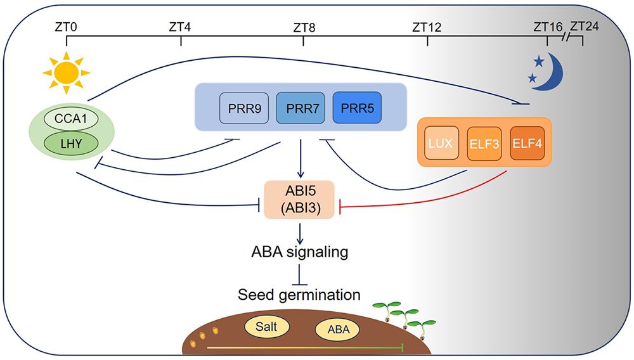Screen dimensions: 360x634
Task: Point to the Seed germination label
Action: click(300, 295)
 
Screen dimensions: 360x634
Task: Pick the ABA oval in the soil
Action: click(337, 330)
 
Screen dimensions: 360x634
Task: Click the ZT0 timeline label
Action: click(67, 27)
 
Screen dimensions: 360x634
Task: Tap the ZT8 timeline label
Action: click(304, 27)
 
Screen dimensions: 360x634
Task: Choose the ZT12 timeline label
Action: click(427, 27)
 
